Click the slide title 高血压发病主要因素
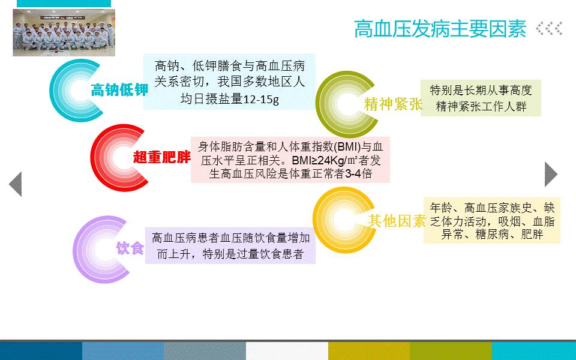tap(440, 29)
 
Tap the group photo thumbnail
tap(64, 32)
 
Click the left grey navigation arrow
tap(16, 184)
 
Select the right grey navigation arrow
tap(551, 174)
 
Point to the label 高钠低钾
tap(119, 90)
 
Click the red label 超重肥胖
tap(162, 157)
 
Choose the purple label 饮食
tap(130, 248)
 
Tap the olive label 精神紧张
tap(393, 104)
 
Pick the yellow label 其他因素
tap(397, 221)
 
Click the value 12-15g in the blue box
tap(261, 99)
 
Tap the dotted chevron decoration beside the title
tap(549, 29)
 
